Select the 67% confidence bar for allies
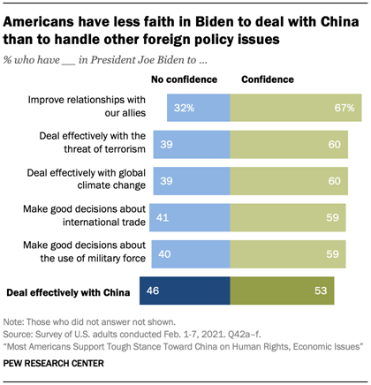pos(296,109)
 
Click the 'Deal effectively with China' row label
pos(66,290)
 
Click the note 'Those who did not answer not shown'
pos(84,325)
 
